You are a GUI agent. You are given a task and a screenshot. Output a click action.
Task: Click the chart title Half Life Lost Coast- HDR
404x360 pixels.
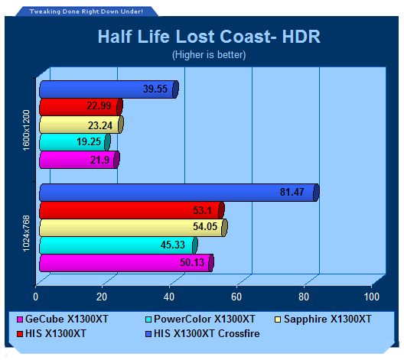209,37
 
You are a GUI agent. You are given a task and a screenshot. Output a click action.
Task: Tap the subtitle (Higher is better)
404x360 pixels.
209,55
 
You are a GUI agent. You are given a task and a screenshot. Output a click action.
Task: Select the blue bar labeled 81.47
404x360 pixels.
179,193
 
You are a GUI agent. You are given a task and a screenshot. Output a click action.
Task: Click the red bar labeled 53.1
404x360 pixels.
132,210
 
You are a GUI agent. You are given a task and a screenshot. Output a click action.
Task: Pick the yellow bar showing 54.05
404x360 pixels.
133,228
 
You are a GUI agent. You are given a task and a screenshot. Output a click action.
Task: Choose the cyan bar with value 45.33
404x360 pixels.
119,245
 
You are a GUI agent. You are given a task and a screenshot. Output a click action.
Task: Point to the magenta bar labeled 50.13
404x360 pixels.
126,263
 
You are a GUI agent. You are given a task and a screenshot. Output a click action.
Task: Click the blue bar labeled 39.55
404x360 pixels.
109,89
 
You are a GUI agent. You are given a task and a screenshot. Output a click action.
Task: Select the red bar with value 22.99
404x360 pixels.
81,107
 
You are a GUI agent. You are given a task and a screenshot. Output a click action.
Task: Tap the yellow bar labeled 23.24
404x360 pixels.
81,125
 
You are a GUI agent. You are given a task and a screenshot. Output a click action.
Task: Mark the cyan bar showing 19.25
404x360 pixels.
75,142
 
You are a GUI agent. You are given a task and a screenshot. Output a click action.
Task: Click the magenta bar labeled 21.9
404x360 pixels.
80,160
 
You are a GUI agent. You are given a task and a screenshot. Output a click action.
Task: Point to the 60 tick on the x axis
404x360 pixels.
236,297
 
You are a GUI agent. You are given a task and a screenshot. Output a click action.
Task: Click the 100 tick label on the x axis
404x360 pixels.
372,297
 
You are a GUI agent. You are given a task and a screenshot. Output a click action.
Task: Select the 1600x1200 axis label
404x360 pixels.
27,130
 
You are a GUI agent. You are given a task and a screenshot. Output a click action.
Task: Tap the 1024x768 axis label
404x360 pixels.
27,234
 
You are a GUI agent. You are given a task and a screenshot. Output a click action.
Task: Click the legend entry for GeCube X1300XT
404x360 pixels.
63,319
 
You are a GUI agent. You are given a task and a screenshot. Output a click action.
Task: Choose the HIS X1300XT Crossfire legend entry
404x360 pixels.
203,333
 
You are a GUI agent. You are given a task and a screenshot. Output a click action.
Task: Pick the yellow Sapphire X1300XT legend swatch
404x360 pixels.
278,319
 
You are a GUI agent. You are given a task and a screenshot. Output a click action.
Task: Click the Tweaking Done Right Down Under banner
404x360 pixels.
86,11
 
